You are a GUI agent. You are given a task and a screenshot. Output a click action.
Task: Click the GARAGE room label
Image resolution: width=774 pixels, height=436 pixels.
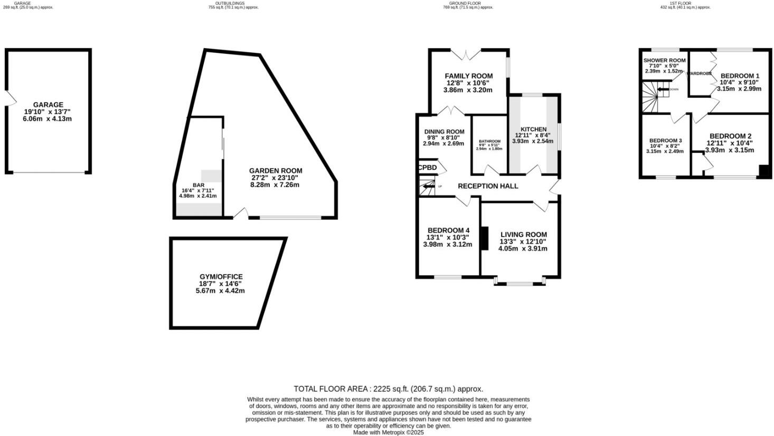tap(48, 105)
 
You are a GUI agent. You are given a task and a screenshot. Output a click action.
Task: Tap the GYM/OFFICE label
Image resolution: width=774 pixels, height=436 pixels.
tap(221, 276)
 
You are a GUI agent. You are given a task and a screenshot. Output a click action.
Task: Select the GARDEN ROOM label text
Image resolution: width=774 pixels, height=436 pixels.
tap(276, 171)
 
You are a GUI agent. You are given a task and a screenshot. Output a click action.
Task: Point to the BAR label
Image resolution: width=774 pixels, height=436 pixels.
tap(199, 185)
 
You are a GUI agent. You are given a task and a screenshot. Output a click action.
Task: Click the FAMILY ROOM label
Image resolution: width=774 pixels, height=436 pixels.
tap(468, 76)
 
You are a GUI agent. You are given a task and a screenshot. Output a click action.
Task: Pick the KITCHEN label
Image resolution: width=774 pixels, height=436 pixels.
tap(533, 129)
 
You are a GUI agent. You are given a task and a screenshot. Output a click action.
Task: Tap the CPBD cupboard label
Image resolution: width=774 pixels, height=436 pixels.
tap(428, 168)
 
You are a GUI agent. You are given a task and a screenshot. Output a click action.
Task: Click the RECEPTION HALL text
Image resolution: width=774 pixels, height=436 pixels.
tap(487, 186)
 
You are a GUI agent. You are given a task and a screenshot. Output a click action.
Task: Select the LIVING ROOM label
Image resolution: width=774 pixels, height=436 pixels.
tap(523, 235)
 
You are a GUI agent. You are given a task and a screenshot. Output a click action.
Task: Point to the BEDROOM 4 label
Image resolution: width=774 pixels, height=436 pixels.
tap(448, 230)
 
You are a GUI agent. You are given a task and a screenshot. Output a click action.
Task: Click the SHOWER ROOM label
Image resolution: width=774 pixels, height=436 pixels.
tap(664, 60)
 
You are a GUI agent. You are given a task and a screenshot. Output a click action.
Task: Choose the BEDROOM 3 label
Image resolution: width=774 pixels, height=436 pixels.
tap(665, 141)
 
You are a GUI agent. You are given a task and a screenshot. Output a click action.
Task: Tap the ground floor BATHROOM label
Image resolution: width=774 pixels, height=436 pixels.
tap(489, 141)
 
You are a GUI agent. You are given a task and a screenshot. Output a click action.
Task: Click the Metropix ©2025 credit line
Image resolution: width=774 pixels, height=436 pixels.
tap(388, 432)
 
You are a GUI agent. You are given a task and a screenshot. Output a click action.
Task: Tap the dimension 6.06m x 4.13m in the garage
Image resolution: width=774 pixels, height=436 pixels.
tap(48, 119)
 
